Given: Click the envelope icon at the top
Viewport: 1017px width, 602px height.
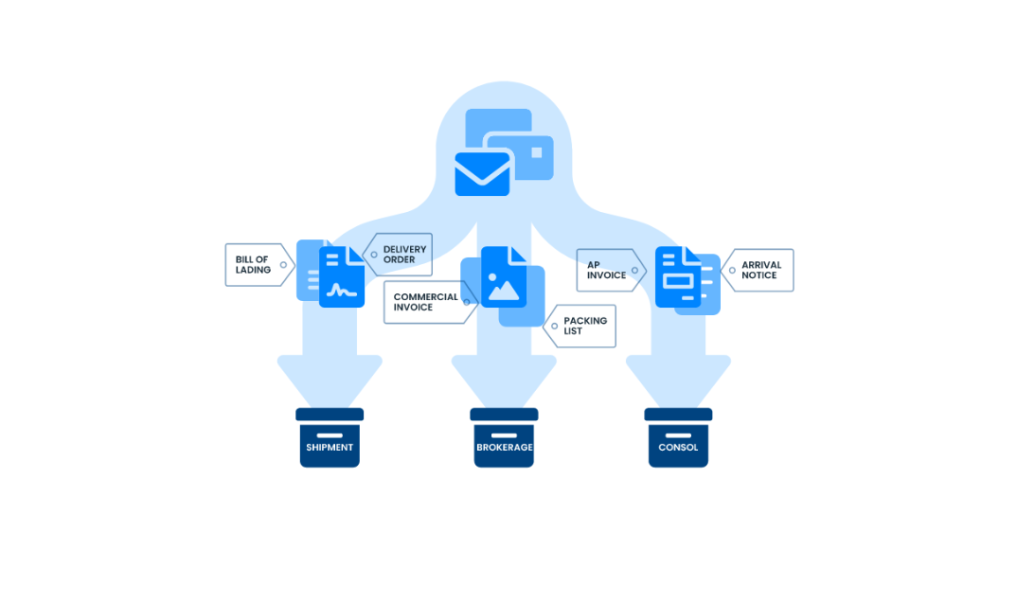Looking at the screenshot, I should [x=482, y=173].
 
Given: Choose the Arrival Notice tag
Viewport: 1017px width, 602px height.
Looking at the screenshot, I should [x=759, y=271].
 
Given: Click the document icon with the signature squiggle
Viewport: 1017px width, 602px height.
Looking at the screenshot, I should [x=342, y=277].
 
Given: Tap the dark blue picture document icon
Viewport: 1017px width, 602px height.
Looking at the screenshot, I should [x=504, y=277].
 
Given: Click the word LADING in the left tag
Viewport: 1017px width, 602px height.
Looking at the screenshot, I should [x=253, y=271].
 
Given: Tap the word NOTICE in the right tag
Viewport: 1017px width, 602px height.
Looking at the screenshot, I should [x=759, y=275].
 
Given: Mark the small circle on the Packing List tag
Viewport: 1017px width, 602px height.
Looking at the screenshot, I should [x=554, y=327].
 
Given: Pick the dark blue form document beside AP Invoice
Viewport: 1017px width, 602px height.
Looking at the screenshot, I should [x=677, y=277].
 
